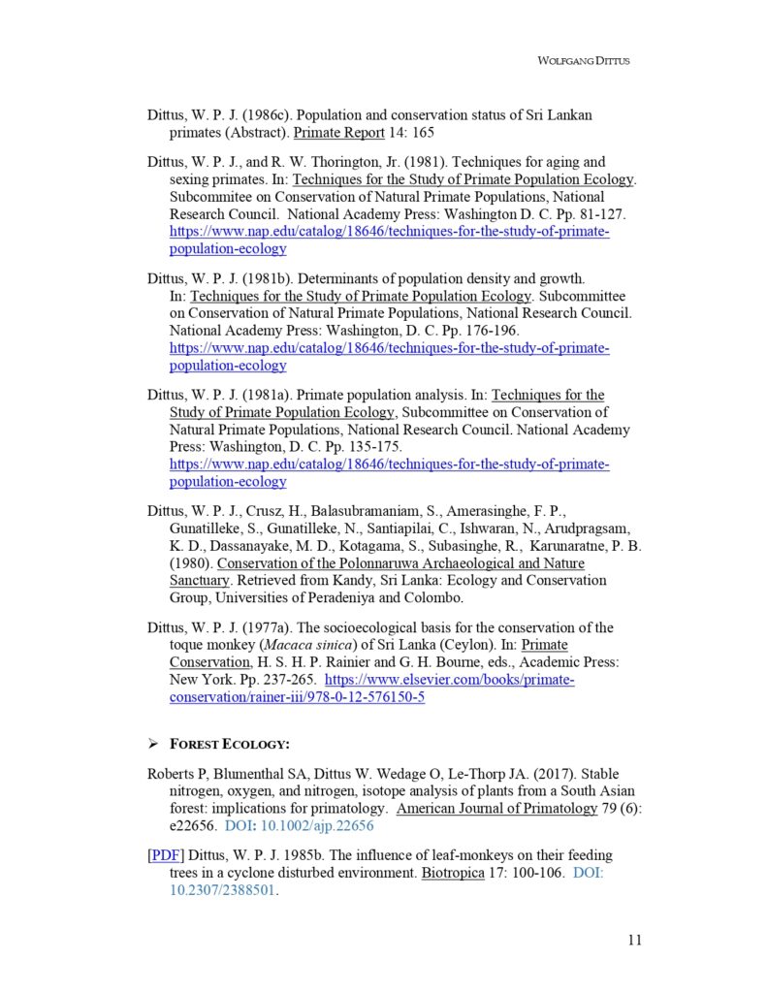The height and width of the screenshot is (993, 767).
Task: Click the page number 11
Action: coord(634,939)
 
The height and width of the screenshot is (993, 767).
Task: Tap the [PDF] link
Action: coord(165,855)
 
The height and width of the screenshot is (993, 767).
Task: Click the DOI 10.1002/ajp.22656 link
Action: coord(300,826)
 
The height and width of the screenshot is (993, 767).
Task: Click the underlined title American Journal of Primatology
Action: coord(496,809)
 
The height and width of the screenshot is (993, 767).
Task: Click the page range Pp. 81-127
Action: coord(570,214)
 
